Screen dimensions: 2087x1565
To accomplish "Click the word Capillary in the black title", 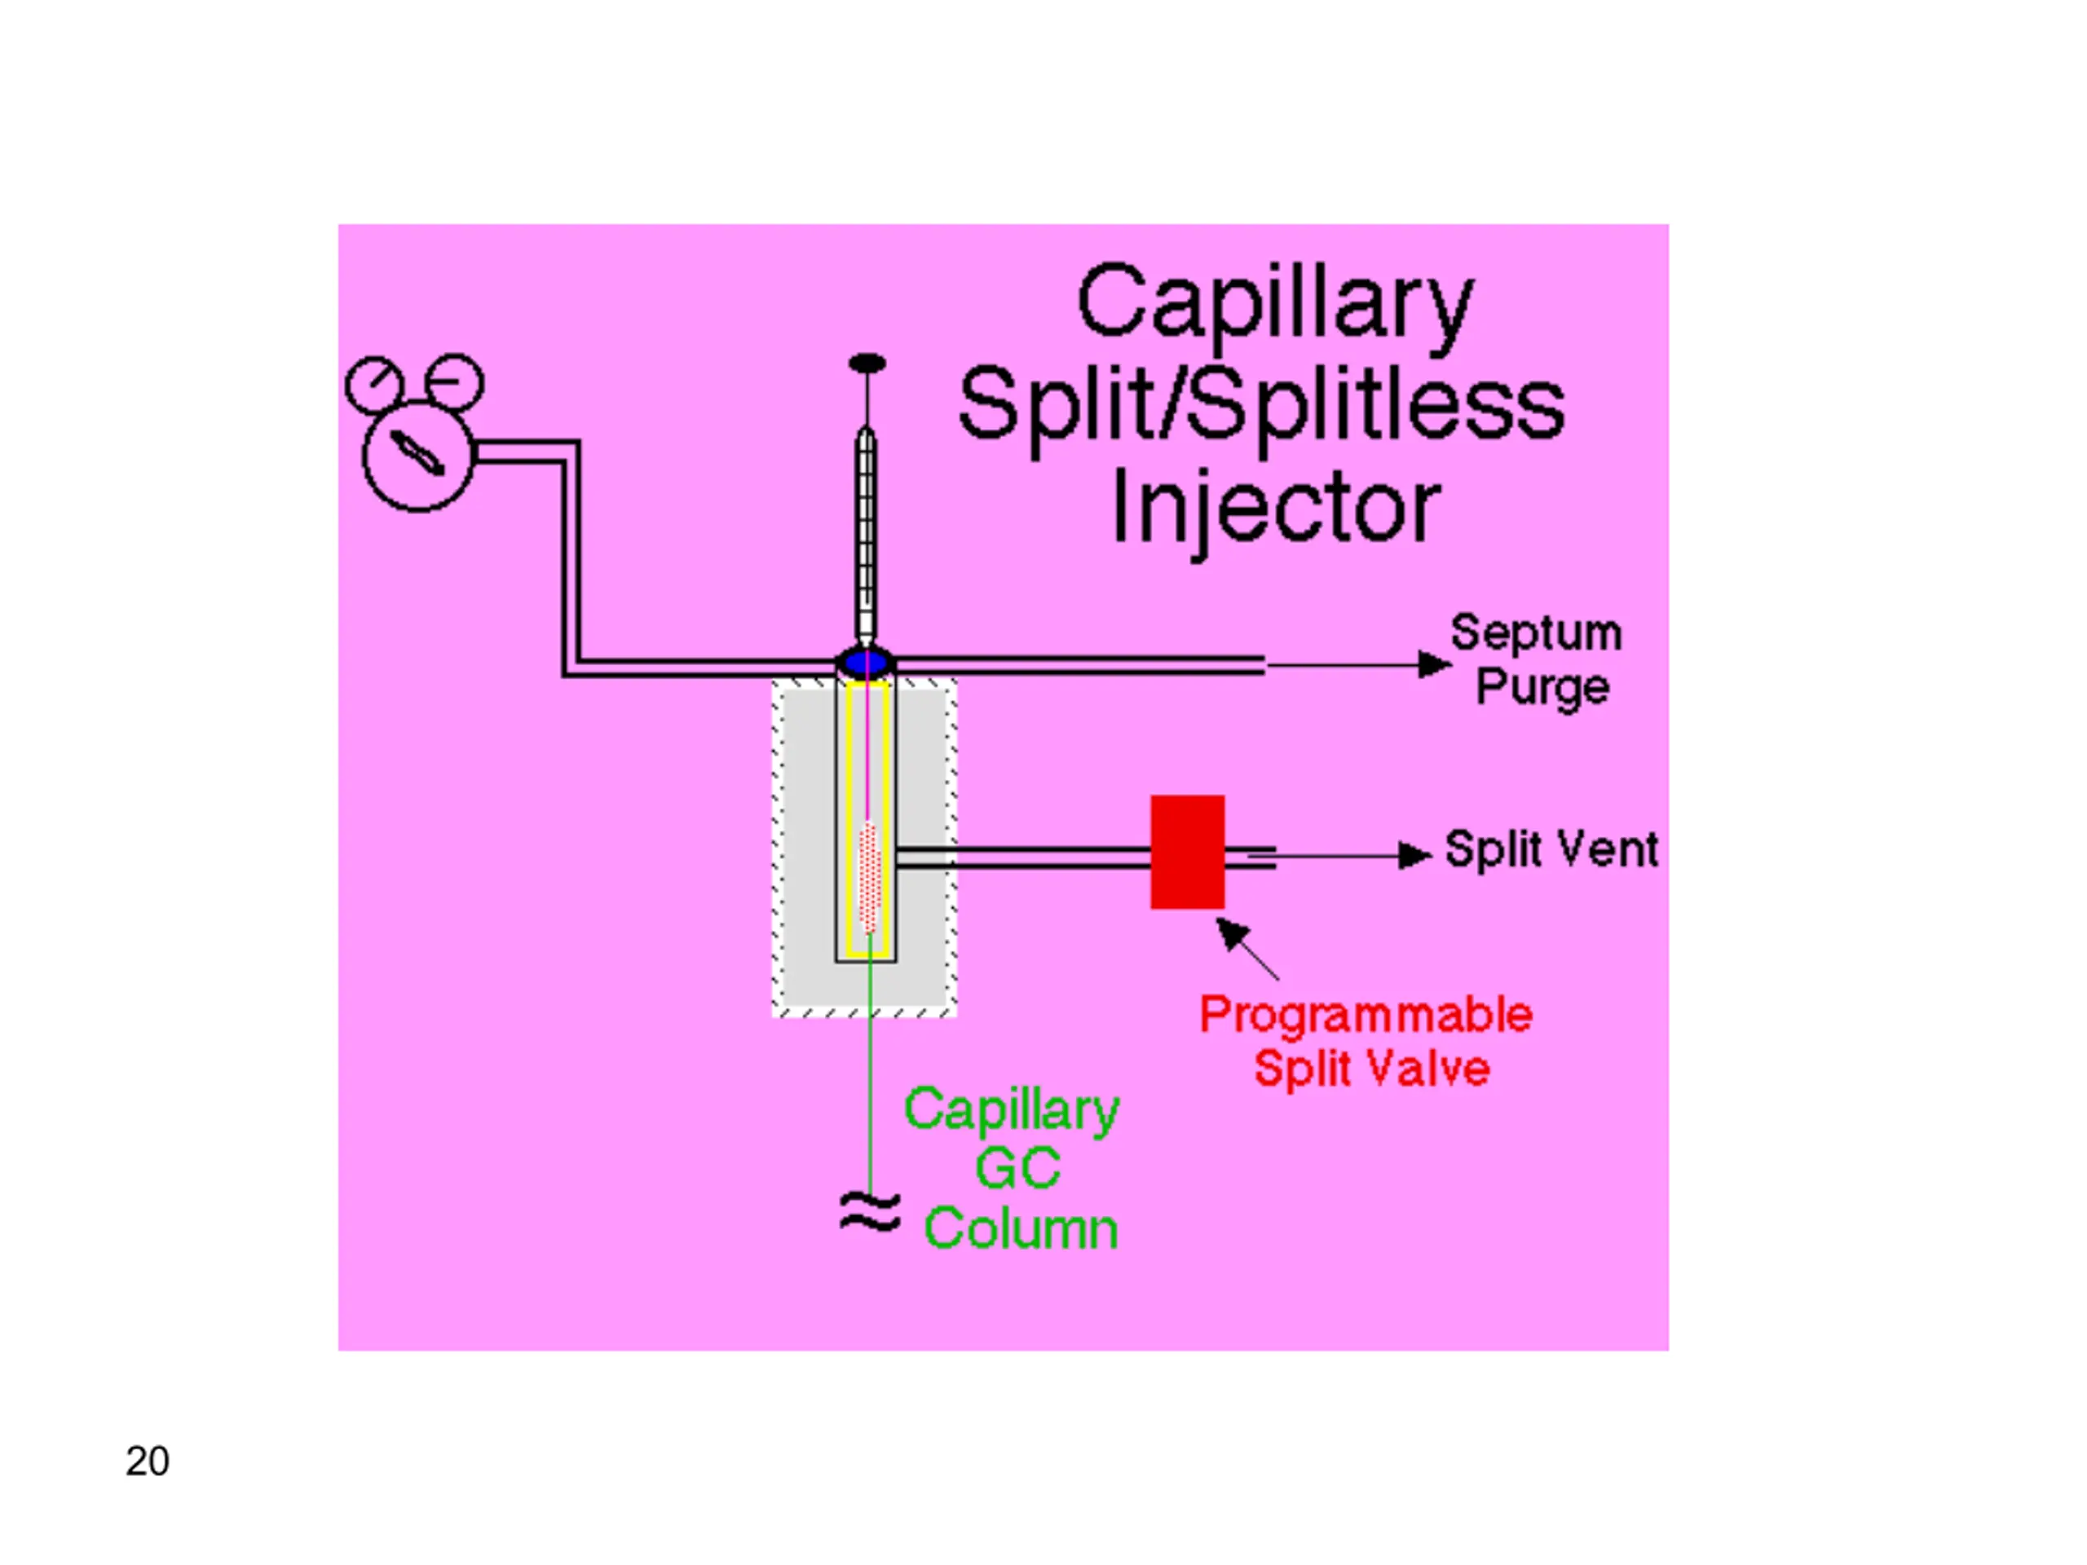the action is pyautogui.click(x=1275, y=304).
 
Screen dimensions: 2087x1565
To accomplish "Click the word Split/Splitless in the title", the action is pyautogui.click(x=1261, y=407).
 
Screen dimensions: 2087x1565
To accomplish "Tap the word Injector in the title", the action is pyautogui.click(x=1277, y=510).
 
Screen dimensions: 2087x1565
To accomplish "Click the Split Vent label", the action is pyautogui.click(x=1551, y=849).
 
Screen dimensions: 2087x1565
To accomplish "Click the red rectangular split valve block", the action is pyautogui.click(x=1188, y=852).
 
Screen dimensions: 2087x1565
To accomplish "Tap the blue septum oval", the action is pyautogui.click(x=865, y=661).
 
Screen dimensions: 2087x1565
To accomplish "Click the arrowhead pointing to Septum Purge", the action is pyautogui.click(x=1434, y=665).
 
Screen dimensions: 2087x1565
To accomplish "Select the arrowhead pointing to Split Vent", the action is pyautogui.click(x=1414, y=856).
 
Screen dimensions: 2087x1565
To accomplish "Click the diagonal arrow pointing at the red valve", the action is pyautogui.click(x=1247, y=949).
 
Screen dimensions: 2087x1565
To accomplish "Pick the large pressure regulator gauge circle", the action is pyautogui.click(x=419, y=456).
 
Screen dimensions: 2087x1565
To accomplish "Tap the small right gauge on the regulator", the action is pyautogui.click(x=455, y=383).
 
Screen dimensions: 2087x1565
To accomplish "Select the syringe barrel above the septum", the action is pyautogui.click(x=865, y=535).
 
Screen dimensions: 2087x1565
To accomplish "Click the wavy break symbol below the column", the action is pyautogui.click(x=870, y=1212).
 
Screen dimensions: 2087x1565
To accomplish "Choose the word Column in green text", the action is pyautogui.click(x=1021, y=1228).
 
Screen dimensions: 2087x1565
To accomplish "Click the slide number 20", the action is pyautogui.click(x=148, y=1461).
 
